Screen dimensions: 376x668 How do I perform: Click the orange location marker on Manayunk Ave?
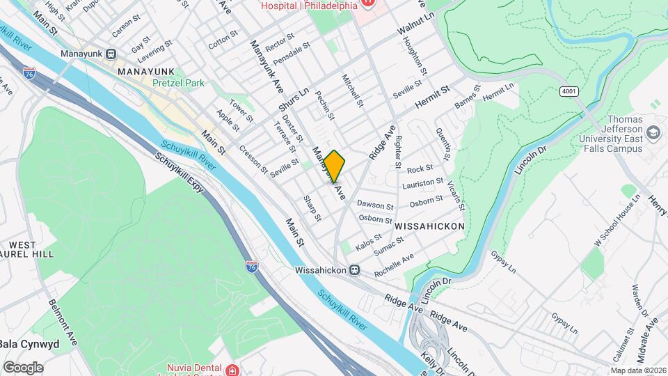[334, 166]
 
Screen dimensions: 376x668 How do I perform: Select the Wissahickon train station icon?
[354, 269]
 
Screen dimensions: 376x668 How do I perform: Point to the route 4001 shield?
[568, 92]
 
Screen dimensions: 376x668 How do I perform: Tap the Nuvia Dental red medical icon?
[231, 368]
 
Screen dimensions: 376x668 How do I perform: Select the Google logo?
[23, 368]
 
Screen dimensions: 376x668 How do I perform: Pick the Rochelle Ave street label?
[393, 265]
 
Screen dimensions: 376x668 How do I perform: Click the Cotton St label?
[223, 39]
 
